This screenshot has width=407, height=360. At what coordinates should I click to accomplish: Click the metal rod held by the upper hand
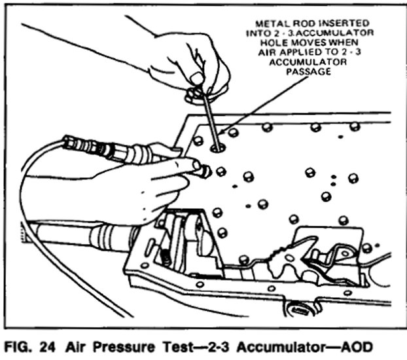point(209,118)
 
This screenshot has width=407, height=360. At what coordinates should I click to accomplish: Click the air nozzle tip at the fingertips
point(204,171)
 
